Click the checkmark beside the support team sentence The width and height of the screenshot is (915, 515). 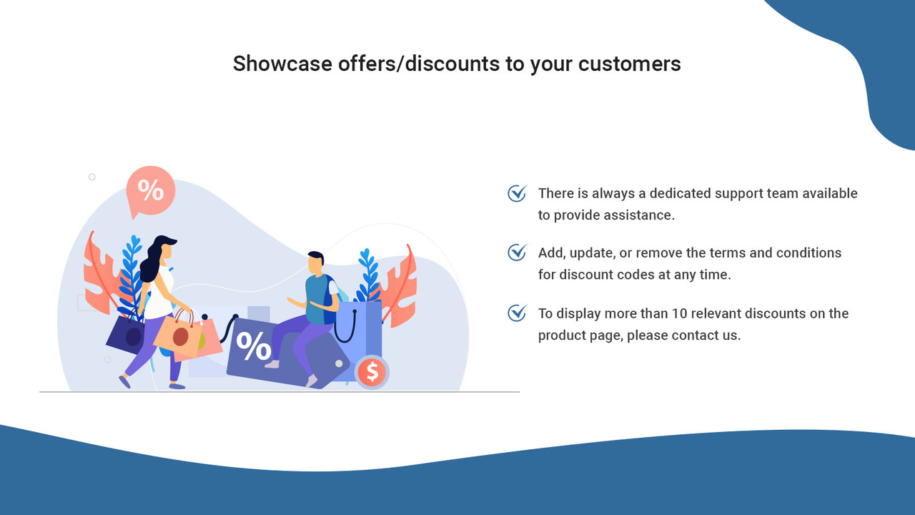click(517, 193)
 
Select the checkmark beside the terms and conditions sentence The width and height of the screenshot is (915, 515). click(517, 252)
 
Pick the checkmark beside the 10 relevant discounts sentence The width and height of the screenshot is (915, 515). click(517, 313)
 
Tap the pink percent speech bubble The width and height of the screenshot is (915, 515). click(150, 190)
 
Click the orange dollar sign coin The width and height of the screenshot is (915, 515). click(371, 372)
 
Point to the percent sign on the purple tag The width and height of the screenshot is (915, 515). click(254, 346)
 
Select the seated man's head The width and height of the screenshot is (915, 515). click(315, 263)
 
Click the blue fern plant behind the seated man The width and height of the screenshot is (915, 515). click(368, 275)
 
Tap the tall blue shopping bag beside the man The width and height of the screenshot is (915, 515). click(361, 329)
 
